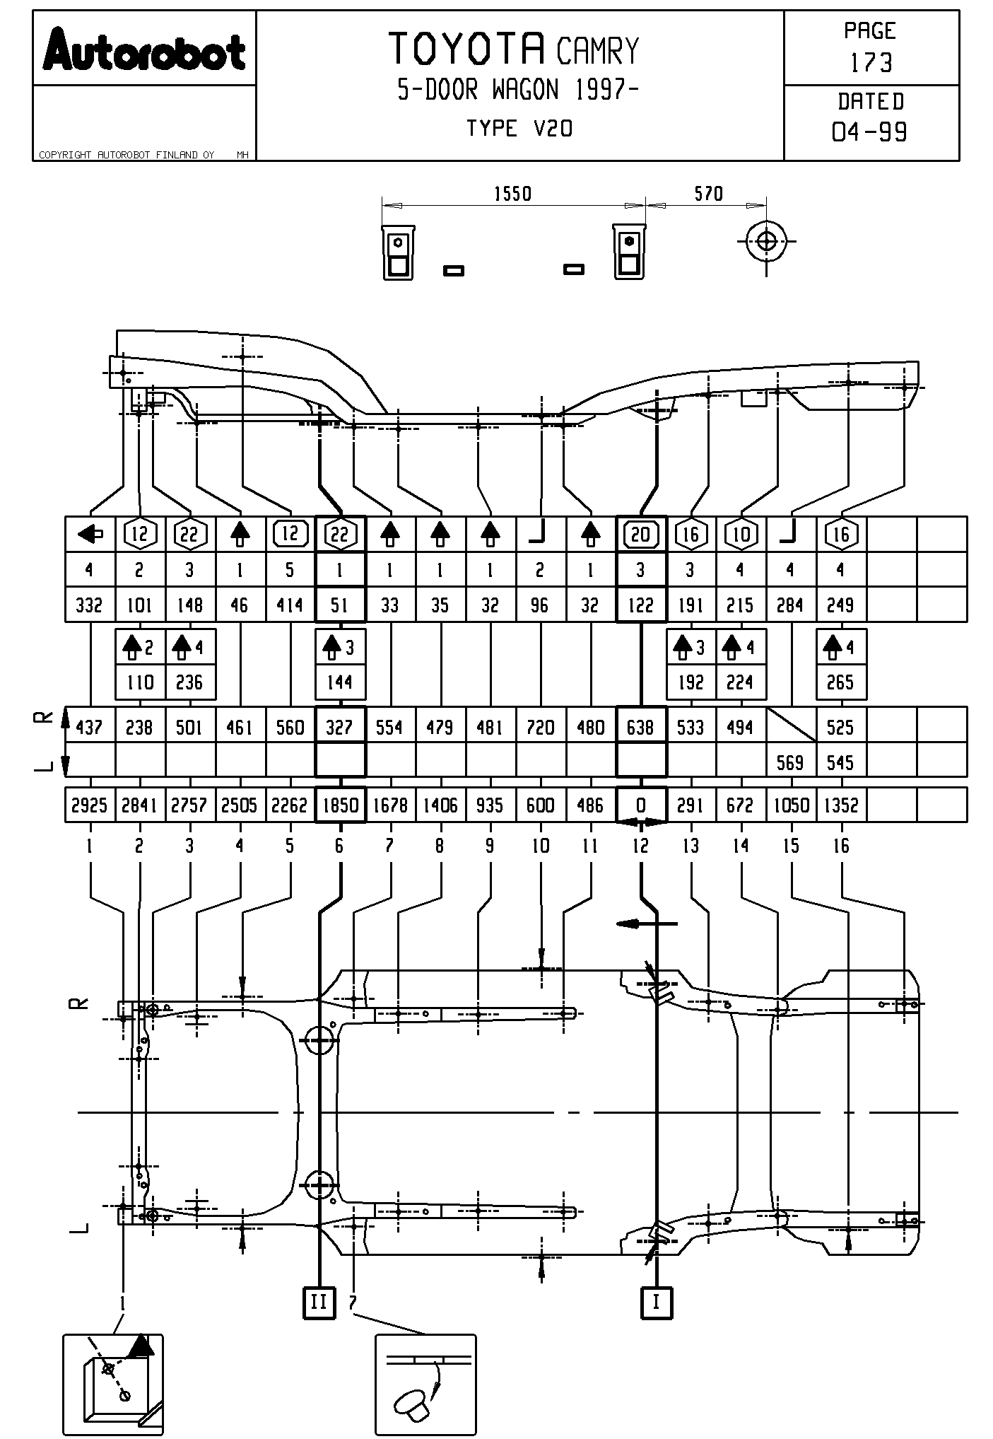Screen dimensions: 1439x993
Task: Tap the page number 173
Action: pyautogui.click(x=871, y=63)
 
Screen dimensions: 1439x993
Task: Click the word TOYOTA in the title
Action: pyautogui.click(x=467, y=49)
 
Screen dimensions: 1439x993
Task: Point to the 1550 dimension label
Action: pyautogui.click(x=512, y=194)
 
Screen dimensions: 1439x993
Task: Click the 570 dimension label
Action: pyautogui.click(x=708, y=194)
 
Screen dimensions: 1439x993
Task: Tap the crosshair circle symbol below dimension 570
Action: pyautogui.click(x=766, y=241)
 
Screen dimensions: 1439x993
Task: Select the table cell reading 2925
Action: pyautogui.click(x=89, y=805)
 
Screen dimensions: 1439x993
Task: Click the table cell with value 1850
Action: pyautogui.click(x=340, y=805)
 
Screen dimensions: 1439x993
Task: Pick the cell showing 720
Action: pyautogui.click(x=540, y=727)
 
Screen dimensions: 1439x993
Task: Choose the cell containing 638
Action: pyautogui.click(x=640, y=727)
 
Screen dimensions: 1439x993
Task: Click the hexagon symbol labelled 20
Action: pyautogui.click(x=640, y=534)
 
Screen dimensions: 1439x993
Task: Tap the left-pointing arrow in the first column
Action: pyautogui.click(x=90, y=534)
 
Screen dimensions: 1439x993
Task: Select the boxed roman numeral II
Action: pyautogui.click(x=319, y=1302)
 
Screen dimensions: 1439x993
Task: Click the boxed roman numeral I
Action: pyautogui.click(x=657, y=1302)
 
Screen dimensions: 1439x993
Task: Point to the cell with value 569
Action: pyautogui.click(x=790, y=762)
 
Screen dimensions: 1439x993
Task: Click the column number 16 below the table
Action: pyautogui.click(x=841, y=846)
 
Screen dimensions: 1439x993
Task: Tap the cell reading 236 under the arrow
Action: pyautogui.click(x=189, y=682)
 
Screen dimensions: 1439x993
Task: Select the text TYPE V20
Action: pyautogui.click(x=519, y=129)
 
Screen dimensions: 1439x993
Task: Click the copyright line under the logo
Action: pyautogui.click(x=127, y=155)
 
